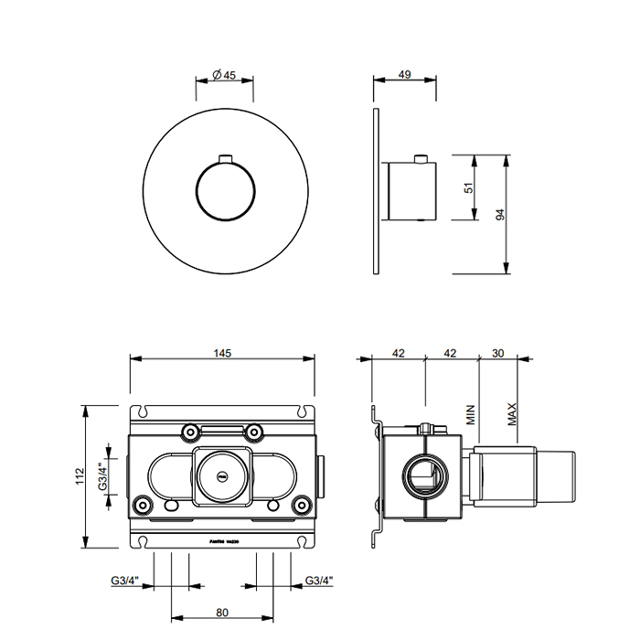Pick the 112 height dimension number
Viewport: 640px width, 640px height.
(80, 475)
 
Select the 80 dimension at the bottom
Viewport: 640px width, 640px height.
(222, 613)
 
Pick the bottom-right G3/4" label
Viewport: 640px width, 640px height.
(319, 581)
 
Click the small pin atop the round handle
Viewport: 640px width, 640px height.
(224, 161)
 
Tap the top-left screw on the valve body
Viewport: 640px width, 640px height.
(188, 431)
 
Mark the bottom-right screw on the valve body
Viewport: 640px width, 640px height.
(301, 504)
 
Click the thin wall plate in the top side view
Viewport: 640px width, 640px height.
(375, 191)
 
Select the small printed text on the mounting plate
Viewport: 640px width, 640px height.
(224, 542)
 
